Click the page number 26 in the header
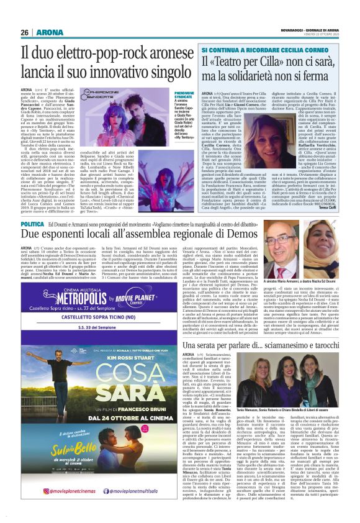25,32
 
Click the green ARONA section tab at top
47,32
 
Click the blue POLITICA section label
32,224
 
